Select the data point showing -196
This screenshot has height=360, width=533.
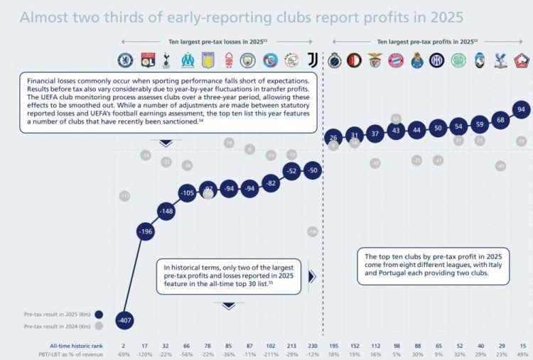[146, 232]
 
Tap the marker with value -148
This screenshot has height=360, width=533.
[166, 212]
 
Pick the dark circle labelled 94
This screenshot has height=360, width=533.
[522, 110]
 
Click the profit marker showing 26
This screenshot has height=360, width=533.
[333, 137]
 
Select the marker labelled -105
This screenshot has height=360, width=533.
[187, 192]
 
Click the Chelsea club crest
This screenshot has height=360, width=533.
[125, 60]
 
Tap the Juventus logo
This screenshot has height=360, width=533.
[312, 60]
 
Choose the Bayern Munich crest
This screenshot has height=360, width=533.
[397, 60]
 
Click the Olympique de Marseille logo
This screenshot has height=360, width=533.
[188, 60]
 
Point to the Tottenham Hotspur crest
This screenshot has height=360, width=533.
[166, 60]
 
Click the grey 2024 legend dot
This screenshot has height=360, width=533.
[98, 326]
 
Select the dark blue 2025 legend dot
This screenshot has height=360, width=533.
[98, 312]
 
